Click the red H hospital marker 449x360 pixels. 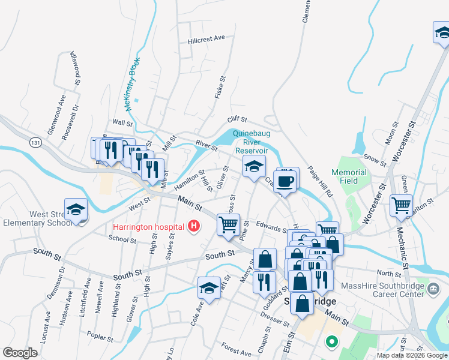click(194, 226)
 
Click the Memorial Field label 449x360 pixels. click(349, 176)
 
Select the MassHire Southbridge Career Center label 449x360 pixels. click(381, 292)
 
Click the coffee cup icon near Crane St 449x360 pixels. click(285, 181)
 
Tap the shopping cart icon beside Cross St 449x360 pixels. click(228, 225)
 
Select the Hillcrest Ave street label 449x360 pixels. click(206, 39)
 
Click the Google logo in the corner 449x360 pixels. click(20, 353)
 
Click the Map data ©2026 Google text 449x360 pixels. click(412, 355)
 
